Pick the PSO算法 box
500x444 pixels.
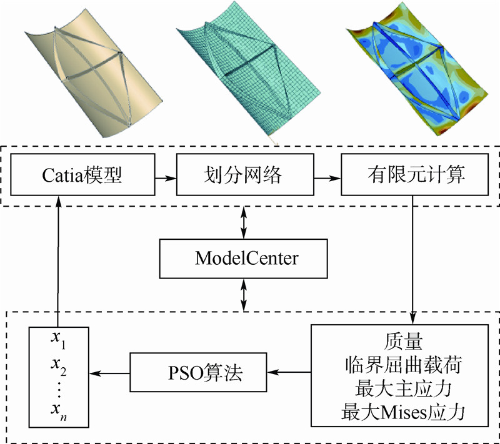tap(199, 373)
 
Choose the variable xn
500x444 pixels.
tap(57, 413)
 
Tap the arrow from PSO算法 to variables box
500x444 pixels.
tap(109, 373)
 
